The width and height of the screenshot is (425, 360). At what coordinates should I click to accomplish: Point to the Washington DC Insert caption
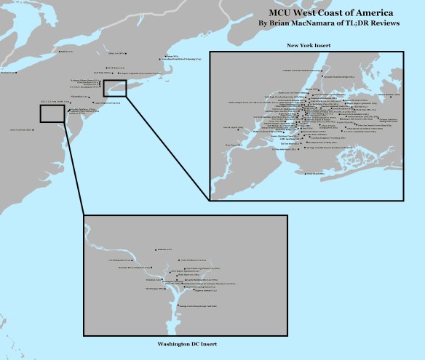186,342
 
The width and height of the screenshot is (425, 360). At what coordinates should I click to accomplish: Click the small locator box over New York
115,88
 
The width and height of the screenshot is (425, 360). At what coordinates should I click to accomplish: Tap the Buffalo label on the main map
66,51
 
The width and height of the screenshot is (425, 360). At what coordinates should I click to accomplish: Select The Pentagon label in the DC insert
156,288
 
